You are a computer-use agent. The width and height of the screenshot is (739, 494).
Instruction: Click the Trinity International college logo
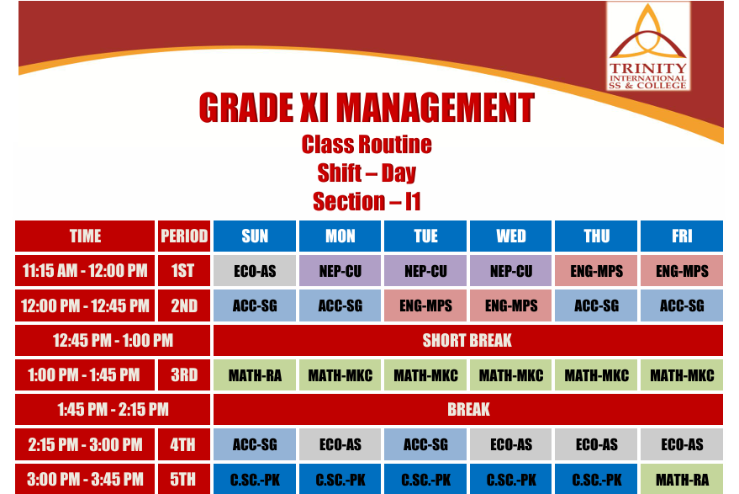pos(648,46)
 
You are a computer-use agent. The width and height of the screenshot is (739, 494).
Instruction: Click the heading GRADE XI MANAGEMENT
pos(367,108)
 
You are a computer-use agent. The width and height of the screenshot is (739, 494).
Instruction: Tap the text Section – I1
pos(367,201)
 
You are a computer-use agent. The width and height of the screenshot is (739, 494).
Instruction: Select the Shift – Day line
pos(367,173)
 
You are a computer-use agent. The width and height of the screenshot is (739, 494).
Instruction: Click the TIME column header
pos(85,236)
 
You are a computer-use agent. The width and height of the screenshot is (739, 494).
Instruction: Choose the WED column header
pos(511,236)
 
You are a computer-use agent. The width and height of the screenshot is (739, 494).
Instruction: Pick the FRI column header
pos(682,236)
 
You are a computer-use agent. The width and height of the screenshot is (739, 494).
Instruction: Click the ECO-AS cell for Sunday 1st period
pos(255,271)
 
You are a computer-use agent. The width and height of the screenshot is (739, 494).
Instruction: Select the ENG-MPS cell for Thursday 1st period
pos(596,271)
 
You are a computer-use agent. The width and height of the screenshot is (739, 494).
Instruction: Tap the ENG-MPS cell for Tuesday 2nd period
pos(425,305)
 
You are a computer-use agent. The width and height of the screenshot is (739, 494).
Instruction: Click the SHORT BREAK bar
pos(468,340)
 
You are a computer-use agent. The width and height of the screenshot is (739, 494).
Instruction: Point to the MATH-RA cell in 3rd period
pos(255,375)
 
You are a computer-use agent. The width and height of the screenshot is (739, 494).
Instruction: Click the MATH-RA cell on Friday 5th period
pos(682,479)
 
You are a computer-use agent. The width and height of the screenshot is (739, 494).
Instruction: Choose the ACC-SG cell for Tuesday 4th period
pos(425,444)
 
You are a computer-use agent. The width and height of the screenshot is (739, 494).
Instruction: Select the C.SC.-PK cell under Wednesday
pos(511,479)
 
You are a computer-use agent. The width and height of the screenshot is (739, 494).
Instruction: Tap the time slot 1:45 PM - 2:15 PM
pos(113,410)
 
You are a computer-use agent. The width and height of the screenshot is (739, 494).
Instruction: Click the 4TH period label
pos(184,444)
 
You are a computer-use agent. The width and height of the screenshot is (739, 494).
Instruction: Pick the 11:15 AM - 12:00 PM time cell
pos(85,271)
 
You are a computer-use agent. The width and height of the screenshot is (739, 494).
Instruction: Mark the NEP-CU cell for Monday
pos(340,271)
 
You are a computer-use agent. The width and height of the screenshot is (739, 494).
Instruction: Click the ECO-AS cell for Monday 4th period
pos(340,444)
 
